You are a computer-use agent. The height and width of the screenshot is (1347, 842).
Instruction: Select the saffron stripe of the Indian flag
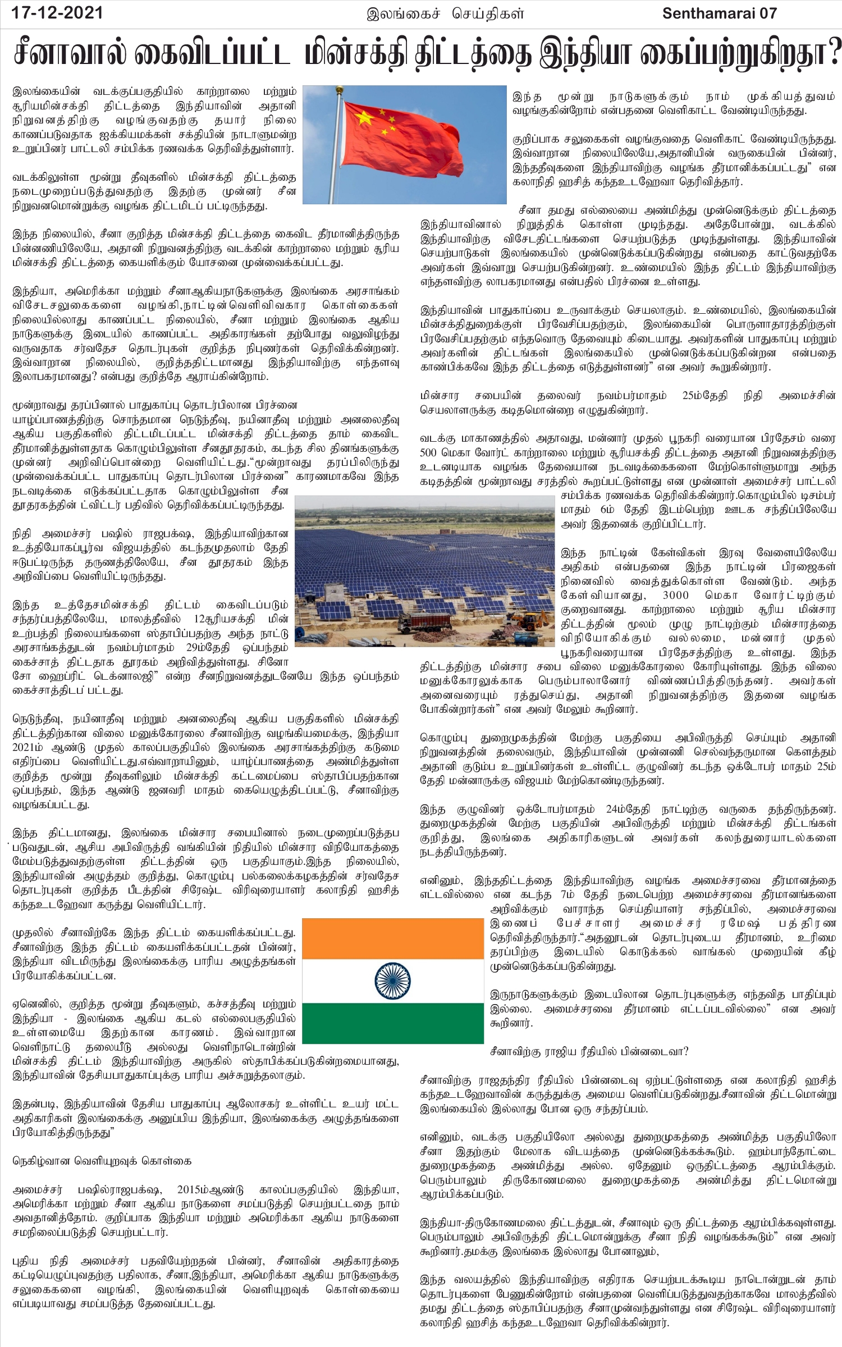pos(392,938)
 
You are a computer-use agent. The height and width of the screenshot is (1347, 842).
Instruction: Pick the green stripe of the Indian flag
pos(392,1022)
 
